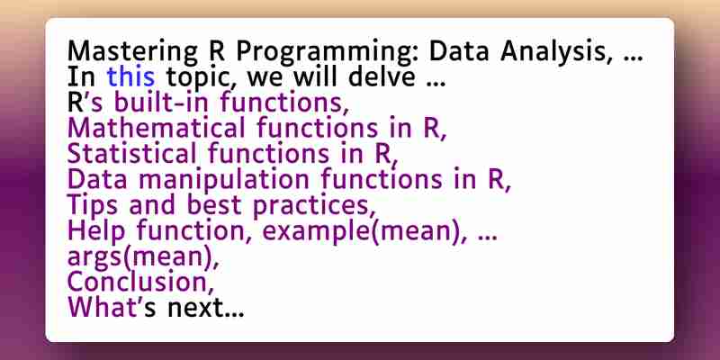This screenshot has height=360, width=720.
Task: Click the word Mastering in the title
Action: [132, 52]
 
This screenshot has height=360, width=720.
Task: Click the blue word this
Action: [130, 76]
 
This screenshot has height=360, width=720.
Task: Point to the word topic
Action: [202, 78]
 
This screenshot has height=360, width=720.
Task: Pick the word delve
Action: [382, 76]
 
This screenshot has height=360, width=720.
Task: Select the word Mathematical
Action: [156, 128]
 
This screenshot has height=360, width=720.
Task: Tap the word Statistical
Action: [131, 153]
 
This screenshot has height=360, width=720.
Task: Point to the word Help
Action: [96, 231]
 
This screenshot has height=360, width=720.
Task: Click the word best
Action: [213, 205]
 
